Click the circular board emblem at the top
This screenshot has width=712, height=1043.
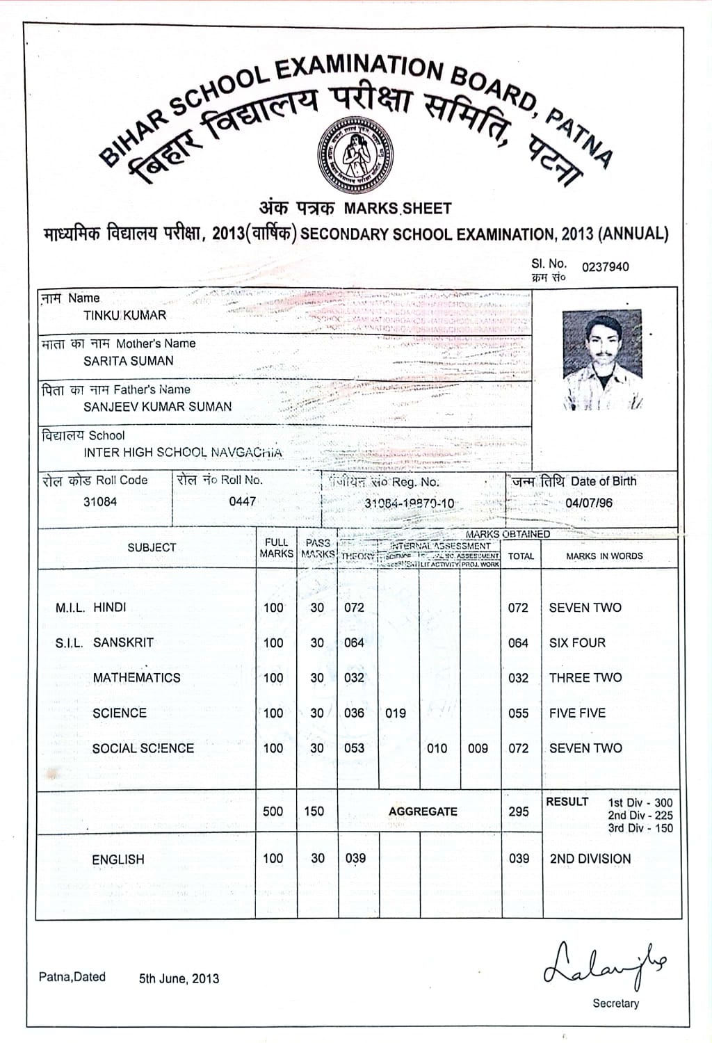coord(355,155)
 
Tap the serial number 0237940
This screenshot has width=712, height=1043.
coord(605,267)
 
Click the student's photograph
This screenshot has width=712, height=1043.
coord(602,359)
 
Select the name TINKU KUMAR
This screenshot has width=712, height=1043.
coord(125,315)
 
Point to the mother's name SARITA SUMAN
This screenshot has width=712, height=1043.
coord(129,361)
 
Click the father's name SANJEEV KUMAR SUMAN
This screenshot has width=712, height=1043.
coord(158,407)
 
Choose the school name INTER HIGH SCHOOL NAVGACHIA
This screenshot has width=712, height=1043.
coord(183,453)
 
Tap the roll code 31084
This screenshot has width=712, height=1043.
coord(100,502)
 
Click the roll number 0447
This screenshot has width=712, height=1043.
coord(243,501)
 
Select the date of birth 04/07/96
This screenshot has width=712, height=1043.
coord(589,503)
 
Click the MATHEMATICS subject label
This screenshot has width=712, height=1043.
coord(136,678)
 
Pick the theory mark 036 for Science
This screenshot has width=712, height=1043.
coord(354,713)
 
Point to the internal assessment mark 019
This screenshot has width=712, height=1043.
coord(396,713)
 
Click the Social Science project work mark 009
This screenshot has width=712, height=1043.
coord(478,749)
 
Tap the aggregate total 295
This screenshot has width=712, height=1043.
coord(519,811)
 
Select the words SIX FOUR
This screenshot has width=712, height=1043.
coord(577,643)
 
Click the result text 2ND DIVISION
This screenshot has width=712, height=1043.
coord(590,859)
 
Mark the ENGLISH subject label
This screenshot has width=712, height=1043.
coord(118,860)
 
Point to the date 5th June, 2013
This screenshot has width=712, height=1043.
coord(179,979)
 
